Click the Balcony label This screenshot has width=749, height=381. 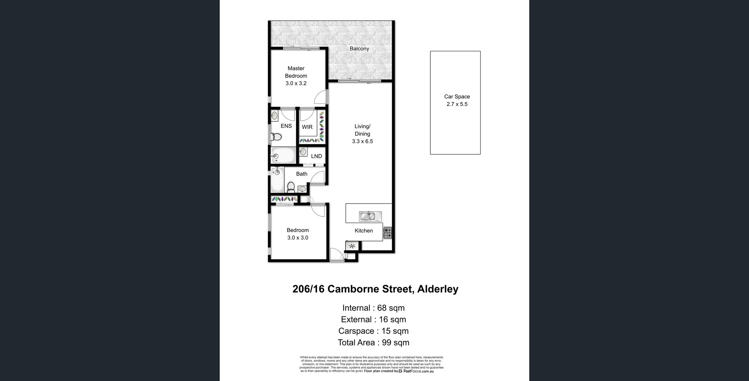point(359,49)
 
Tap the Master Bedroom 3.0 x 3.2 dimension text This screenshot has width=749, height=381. point(296,83)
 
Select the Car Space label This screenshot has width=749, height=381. point(457,97)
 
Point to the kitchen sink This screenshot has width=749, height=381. point(370,216)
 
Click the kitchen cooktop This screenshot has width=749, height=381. point(388,233)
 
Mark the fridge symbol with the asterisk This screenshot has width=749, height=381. point(352,246)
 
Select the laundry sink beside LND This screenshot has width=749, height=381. point(303,152)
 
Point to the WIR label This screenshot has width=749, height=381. point(307,127)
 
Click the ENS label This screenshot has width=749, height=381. point(286,126)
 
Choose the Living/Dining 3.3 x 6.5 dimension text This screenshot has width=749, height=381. point(362,141)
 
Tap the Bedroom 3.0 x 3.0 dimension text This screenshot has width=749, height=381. point(297,238)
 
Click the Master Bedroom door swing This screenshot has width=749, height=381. point(320,97)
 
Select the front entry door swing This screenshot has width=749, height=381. point(337,254)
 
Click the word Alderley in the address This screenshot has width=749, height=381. point(438,289)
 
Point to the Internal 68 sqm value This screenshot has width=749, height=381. point(391,308)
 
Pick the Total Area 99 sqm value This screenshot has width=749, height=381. point(395,343)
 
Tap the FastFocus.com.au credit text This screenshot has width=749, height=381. point(418,371)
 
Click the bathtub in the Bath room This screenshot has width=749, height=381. point(277,180)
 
